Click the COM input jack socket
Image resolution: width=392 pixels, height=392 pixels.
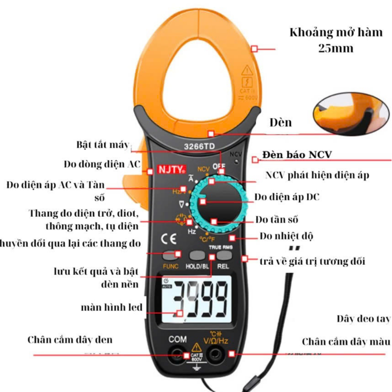point(177,354)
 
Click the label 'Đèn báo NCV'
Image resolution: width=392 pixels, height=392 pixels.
point(297,155)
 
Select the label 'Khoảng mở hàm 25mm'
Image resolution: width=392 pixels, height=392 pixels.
point(322,40)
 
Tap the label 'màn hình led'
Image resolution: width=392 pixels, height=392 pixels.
point(112,306)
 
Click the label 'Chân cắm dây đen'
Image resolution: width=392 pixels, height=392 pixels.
point(70,339)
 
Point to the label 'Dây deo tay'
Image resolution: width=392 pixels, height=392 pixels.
point(364,318)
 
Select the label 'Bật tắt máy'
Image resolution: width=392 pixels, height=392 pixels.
point(103,145)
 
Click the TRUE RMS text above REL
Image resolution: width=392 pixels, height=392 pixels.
point(221,247)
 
